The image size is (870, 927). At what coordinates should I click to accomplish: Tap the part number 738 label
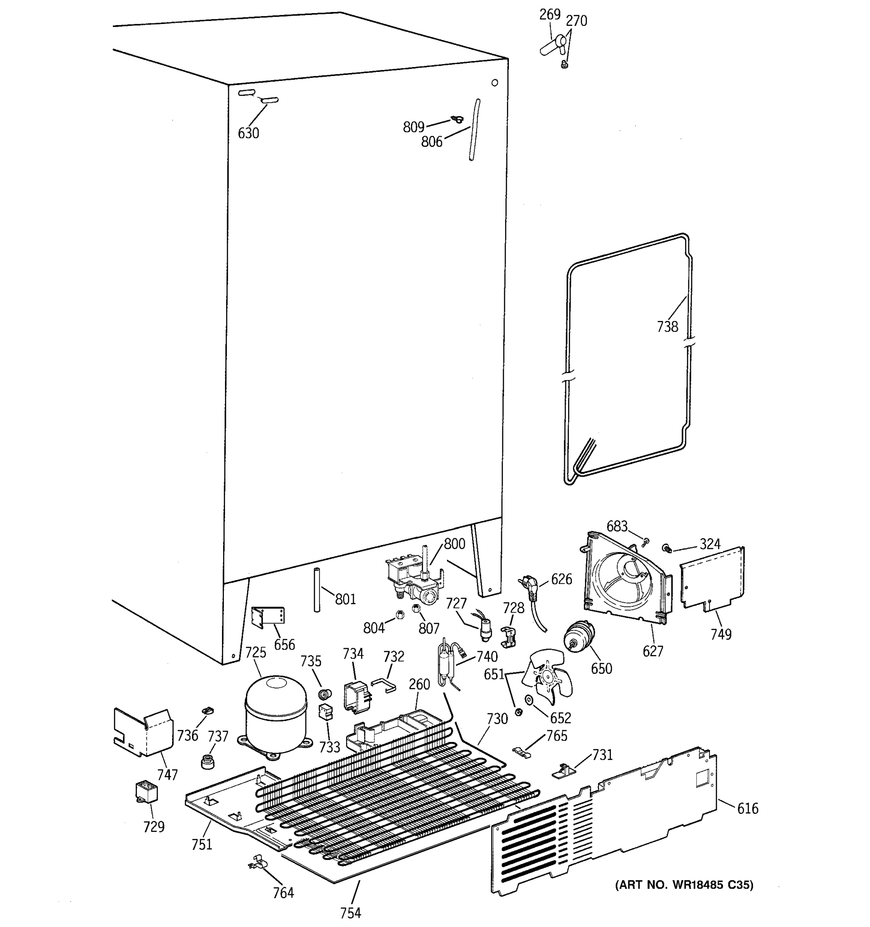pos(667,327)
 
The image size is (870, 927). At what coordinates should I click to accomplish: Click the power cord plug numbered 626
pos(528,589)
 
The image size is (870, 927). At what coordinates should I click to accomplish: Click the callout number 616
pos(747,808)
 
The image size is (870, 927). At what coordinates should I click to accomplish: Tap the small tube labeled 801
pos(317,590)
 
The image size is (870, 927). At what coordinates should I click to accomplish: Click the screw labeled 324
pos(667,548)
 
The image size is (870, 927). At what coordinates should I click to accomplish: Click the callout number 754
pos(351,913)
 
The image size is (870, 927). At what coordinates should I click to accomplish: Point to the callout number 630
pos(248,133)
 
